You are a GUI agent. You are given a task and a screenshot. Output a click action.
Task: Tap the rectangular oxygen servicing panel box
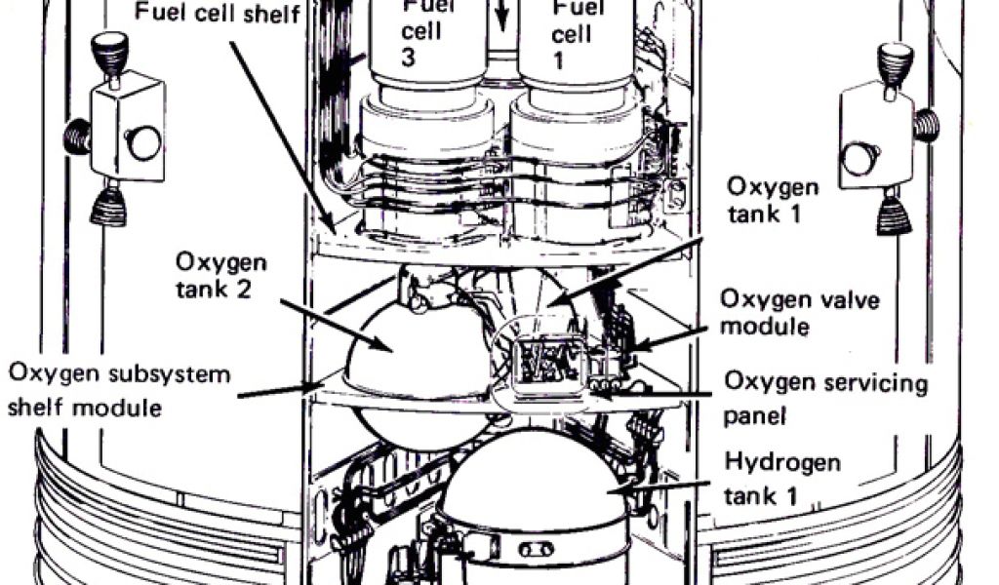539,363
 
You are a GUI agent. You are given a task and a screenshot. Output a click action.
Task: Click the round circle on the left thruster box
144,142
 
